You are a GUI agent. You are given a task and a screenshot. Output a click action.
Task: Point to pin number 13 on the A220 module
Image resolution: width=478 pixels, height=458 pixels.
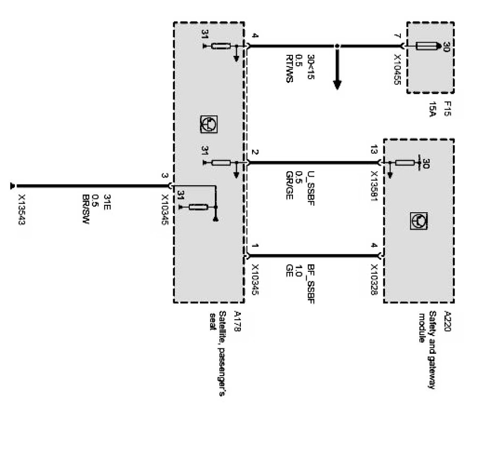tap(374, 152)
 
